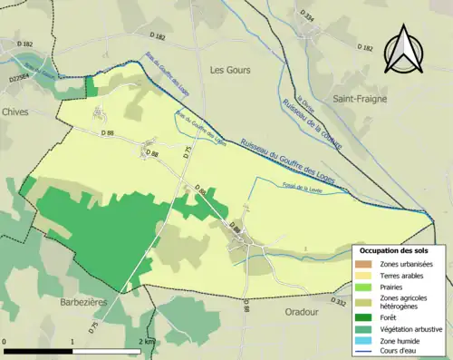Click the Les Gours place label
click(229, 70)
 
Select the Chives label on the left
click(15, 112)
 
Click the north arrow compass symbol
click(403, 49)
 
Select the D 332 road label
click(340, 300)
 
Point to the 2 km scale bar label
click(145, 341)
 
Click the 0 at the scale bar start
click(6, 341)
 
